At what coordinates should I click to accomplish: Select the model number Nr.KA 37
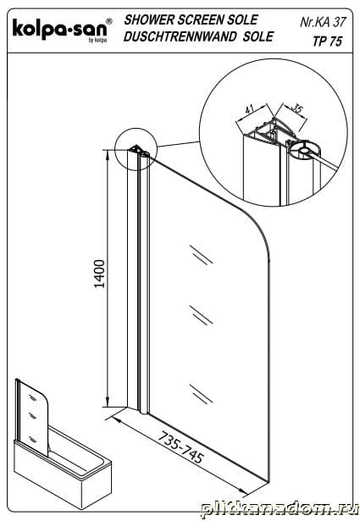(323, 22)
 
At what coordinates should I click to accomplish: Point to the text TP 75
(327, 42)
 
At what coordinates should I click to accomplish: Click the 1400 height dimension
(99, 274)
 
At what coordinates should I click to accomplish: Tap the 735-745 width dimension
(180, 447)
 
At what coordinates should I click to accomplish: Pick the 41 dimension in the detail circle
(249, 108)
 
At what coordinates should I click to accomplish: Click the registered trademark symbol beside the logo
(109, 21)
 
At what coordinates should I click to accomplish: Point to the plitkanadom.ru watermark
(280, 509)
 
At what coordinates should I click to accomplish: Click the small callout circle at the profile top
(136, 129)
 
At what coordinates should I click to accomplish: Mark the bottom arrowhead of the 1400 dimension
(108, 402)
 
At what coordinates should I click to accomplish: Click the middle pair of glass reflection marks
(201, 315)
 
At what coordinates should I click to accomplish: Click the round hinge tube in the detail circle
(305, 151)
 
